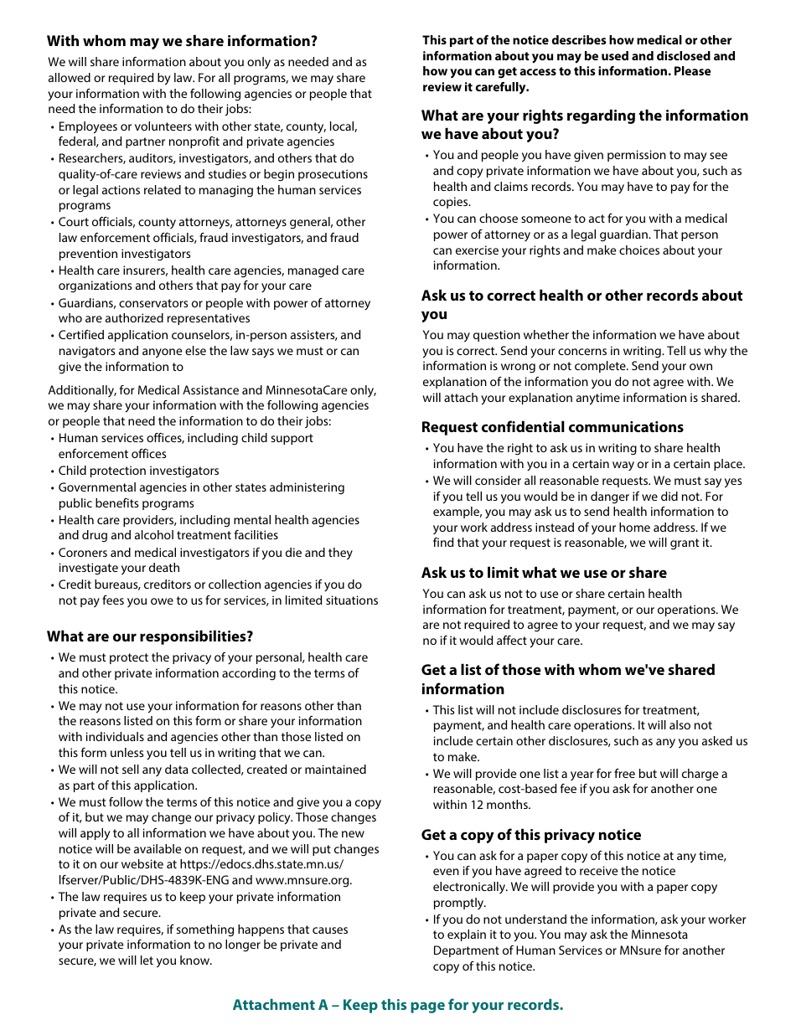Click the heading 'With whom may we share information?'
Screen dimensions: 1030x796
click(182, 41)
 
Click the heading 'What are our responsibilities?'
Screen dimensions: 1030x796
click(150, 636)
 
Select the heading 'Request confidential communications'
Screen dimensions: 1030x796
click(552, 427)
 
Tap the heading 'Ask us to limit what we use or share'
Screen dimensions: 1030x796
click(544, 573)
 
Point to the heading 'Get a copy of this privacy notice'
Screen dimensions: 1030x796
click(531, 835)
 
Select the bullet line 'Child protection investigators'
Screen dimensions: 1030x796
click(138, 471)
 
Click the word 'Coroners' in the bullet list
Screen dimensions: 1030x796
click(82, 553)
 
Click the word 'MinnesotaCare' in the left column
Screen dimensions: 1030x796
click(305, 390)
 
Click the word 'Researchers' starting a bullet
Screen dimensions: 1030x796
click(90, 158)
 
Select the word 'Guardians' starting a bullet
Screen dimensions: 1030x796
click(85, 303)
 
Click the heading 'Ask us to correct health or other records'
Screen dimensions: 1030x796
click(581, 296)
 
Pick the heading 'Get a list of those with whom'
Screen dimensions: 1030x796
click(567, 670)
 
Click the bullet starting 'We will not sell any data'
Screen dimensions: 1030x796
click(211, 770)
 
